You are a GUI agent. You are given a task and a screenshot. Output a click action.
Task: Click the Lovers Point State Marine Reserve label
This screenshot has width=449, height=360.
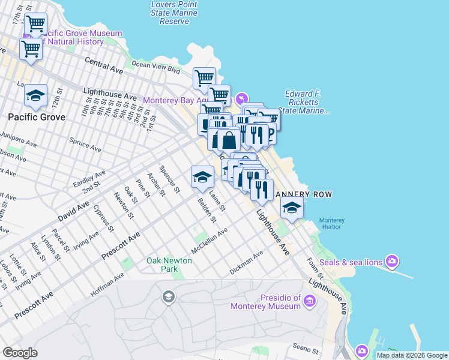point(174,13)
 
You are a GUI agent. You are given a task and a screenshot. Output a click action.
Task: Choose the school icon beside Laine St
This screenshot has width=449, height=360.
point(203,176)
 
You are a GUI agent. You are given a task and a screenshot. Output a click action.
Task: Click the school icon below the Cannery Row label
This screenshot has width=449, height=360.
point(292,208)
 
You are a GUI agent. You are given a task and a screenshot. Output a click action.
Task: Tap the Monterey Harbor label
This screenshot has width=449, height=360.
point(332,224)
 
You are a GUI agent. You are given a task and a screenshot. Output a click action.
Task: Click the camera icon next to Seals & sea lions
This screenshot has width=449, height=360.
point(392,260)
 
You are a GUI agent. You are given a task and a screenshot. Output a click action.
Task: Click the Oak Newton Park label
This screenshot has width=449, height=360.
point(169,265)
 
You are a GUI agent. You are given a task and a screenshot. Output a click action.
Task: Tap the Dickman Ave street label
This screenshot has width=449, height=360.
point(247,263)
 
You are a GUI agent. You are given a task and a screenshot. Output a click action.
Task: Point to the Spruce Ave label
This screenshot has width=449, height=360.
point(85,144)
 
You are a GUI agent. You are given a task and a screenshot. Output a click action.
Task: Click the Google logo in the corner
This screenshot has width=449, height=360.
point(20,353)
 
